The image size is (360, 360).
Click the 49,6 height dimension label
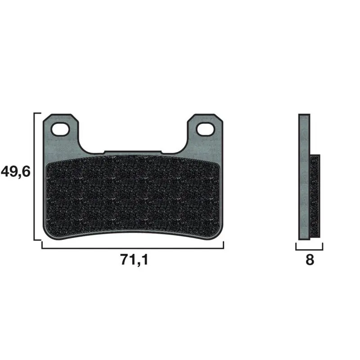click(16, 172)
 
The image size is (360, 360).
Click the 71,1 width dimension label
click(134, 260)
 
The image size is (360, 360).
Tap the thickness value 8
click(310, 260)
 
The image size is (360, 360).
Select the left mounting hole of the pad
click(60, 129)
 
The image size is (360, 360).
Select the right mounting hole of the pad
click(205, 129)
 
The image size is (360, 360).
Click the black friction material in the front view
click(133, 195)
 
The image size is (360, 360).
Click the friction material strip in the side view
click(315, 196)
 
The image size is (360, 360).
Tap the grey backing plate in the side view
click(304, 177)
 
